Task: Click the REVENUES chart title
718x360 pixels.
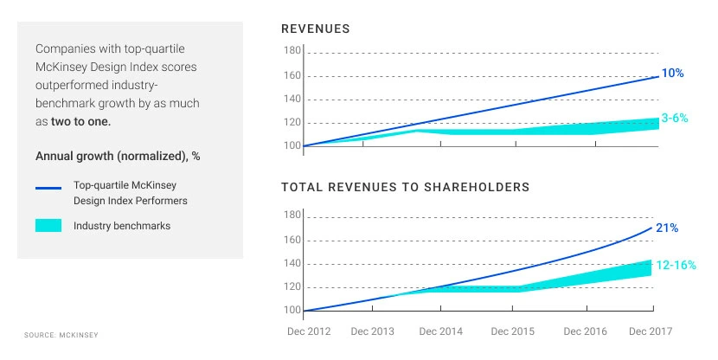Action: pyautogui.click(x=316, y=29)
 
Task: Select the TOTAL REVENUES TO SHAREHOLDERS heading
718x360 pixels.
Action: pyautogui.click(x=406, y=186)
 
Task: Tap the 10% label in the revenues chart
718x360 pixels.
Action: pyautogui.click(x=673, y=74)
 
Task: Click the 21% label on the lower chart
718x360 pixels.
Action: pyautogui.click(x=667, y=228)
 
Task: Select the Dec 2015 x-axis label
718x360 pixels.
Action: pyautogui.click(x=513, y=331)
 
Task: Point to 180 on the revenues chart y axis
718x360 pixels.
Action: pyautogui.click(x=292, y=51)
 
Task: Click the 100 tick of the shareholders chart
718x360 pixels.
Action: pyautogui.click(x=292, y=310)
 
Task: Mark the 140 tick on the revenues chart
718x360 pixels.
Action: pyautogui.click(x=292, y=99)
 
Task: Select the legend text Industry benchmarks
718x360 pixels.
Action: pyautogui.click(x=121, y=226)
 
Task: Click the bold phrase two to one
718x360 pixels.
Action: pyautogui.click(x=80, y=122)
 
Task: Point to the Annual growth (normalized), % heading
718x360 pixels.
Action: pyautogui.click(x=118, y=157)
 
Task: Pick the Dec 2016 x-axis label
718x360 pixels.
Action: pyautogui.click(x=586, y=331)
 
